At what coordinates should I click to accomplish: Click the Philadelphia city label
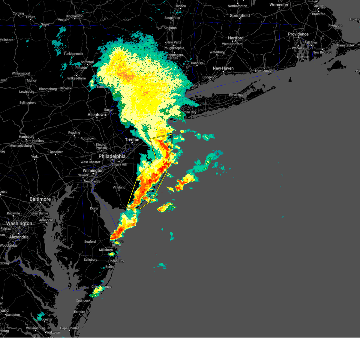(x=112, y=156)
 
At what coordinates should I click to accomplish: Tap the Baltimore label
(x=40, y=199)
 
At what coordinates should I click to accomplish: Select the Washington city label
(x=19, y=223)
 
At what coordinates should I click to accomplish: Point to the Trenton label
(x=132, y=140)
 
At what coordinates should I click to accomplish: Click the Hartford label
(x=235, y=38)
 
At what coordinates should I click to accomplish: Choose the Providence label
(x=298, y=34)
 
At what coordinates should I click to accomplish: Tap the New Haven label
(x=223, y=68)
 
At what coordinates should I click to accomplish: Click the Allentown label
(x=97, y=115)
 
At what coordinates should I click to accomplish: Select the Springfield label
(x=240, y=16)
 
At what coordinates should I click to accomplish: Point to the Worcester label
(x=279, y=5)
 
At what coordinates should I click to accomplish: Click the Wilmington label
(x=93, y=170)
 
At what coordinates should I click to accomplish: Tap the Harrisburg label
(x=26, y=137)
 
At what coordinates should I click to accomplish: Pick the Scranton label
(x=87, y=62)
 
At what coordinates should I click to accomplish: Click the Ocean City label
(x=116, y=261)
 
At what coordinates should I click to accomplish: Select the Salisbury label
(x=90, y=260)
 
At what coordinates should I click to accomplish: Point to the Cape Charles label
(x=70, y=328)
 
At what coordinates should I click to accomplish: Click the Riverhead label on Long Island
(x=236, y=95)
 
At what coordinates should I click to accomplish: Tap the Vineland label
(x=119, y=187)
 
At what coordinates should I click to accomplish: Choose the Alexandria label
(x=19, y=237)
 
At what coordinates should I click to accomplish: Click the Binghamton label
(x=75, y=16)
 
